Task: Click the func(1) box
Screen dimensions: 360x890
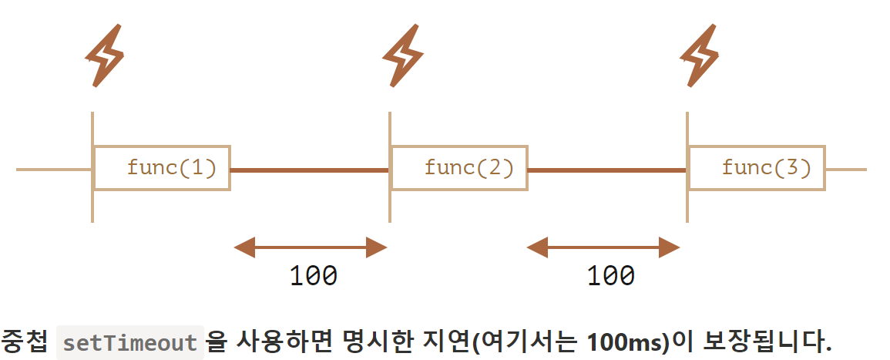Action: (162, 167)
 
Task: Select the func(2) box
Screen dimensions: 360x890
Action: (459, 167)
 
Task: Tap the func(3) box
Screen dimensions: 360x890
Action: (757, 167)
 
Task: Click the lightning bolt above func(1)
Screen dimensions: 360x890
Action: (104, 56)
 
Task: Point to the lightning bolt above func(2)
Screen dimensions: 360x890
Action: (402, 56)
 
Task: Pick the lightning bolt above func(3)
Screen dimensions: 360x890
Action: (700, 56)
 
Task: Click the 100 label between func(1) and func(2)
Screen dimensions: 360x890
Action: (313, 275)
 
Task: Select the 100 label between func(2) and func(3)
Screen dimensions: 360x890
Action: (610, 275)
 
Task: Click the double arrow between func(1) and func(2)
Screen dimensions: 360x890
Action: (310, 247)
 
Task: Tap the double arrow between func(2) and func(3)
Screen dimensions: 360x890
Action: (603, 247)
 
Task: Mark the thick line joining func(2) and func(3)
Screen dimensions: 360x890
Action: (607, 170)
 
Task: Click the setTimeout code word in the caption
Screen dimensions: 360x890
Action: (130, 342)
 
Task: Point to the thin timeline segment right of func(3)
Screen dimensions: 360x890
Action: (846, 169)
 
